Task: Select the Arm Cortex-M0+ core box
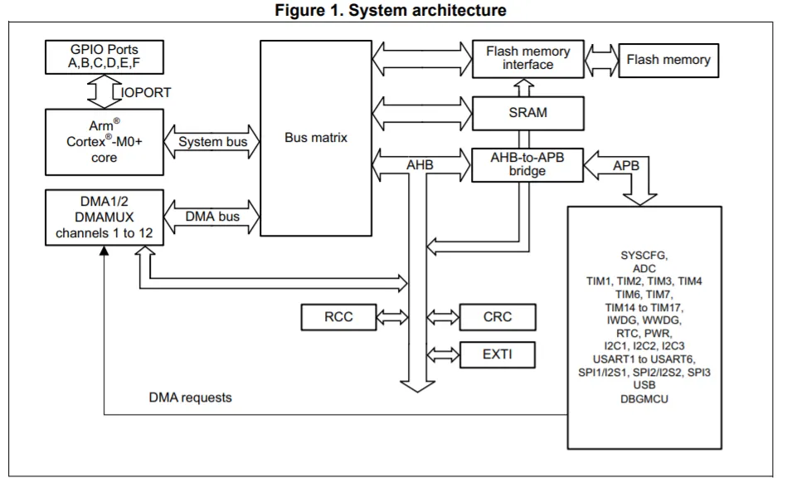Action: (x=104, y=142)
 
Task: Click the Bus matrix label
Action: (x=316, y=138)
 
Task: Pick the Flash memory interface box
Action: (x=527, y=57)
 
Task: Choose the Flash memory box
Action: (x=668, y=60)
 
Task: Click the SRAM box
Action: (x=527, y=111)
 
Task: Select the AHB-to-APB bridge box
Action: (x=527, y=164)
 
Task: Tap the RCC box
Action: (x=338, y=316)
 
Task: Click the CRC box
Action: (x=497, y=316)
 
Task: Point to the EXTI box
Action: (x=497, y=354)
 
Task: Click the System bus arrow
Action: (x=213, y=142)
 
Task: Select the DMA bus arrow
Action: (x=213, y=217)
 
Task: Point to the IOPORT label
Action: (x=148, y=92)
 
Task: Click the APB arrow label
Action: (x=626, y=166)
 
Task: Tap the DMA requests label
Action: (x=191, y=398)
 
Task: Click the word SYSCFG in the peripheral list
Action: (x=644, y=255)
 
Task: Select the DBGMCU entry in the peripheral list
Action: (x=644, y=399)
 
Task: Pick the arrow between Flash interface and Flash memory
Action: (x=602, y=59)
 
